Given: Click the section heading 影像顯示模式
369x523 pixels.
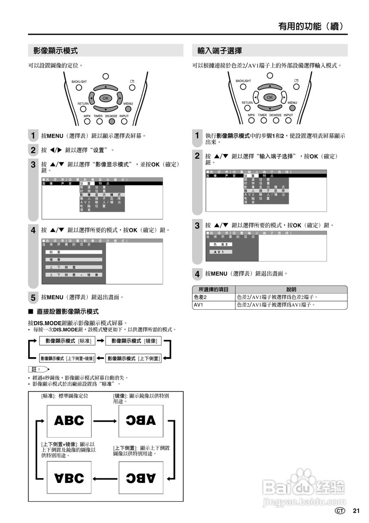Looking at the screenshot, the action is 56,51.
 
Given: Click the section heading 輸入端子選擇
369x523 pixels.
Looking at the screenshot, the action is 220,51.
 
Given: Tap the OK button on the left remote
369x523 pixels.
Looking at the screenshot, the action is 106,98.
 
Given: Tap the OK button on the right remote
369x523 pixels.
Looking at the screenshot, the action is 270,97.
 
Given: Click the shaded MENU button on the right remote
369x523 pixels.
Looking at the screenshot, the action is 292,108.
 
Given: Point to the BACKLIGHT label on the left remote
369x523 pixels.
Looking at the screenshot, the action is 79,82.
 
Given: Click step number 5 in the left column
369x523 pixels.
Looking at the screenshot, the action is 33,297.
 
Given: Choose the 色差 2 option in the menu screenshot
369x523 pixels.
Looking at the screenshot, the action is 221,244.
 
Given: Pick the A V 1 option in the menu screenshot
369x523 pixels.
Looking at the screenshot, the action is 221,252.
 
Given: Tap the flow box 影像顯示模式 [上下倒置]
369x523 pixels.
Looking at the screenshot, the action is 134,359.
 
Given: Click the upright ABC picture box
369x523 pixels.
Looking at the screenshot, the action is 69,420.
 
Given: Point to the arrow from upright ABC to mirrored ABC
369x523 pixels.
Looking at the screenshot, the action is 105,420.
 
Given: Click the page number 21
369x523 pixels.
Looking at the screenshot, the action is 356,511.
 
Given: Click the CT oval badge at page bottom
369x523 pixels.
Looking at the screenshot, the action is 340,511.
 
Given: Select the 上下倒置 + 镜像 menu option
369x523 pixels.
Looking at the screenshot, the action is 74,275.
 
